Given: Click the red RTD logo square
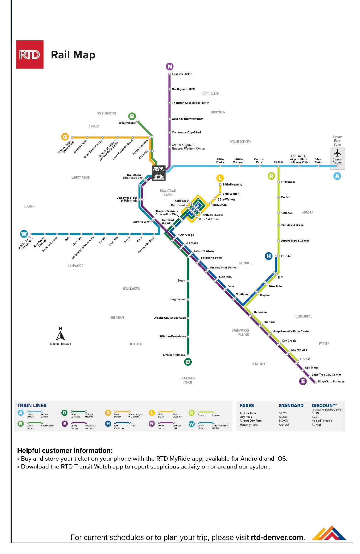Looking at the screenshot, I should point(30,55).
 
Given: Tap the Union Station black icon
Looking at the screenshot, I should point(159,173).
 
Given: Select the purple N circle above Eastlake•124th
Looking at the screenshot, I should point(169,67).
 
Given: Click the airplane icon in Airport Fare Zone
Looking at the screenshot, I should point(337,153).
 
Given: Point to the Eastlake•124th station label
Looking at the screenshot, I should point(182,74).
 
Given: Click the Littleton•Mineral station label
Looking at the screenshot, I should point(174,355).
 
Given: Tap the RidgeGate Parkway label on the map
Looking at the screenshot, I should point(331,382).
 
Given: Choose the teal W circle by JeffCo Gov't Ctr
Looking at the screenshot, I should point(24,234).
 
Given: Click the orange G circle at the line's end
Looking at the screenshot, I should point(65,137).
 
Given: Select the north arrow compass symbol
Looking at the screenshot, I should point(60,334).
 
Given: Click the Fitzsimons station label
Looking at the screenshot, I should point(288,182).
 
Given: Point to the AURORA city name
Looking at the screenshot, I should point(308,213).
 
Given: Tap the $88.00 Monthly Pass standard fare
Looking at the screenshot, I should point(284,425).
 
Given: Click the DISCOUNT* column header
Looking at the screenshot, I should point(324,406).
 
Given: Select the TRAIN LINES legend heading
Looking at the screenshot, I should point(32,406).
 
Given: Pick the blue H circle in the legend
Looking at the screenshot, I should point(108,424).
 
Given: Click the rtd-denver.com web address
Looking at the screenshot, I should point(278,537).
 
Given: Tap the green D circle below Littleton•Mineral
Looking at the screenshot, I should point(188,362).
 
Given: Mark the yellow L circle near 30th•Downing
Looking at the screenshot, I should point(220,178).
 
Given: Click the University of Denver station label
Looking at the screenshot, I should point(224,268).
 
